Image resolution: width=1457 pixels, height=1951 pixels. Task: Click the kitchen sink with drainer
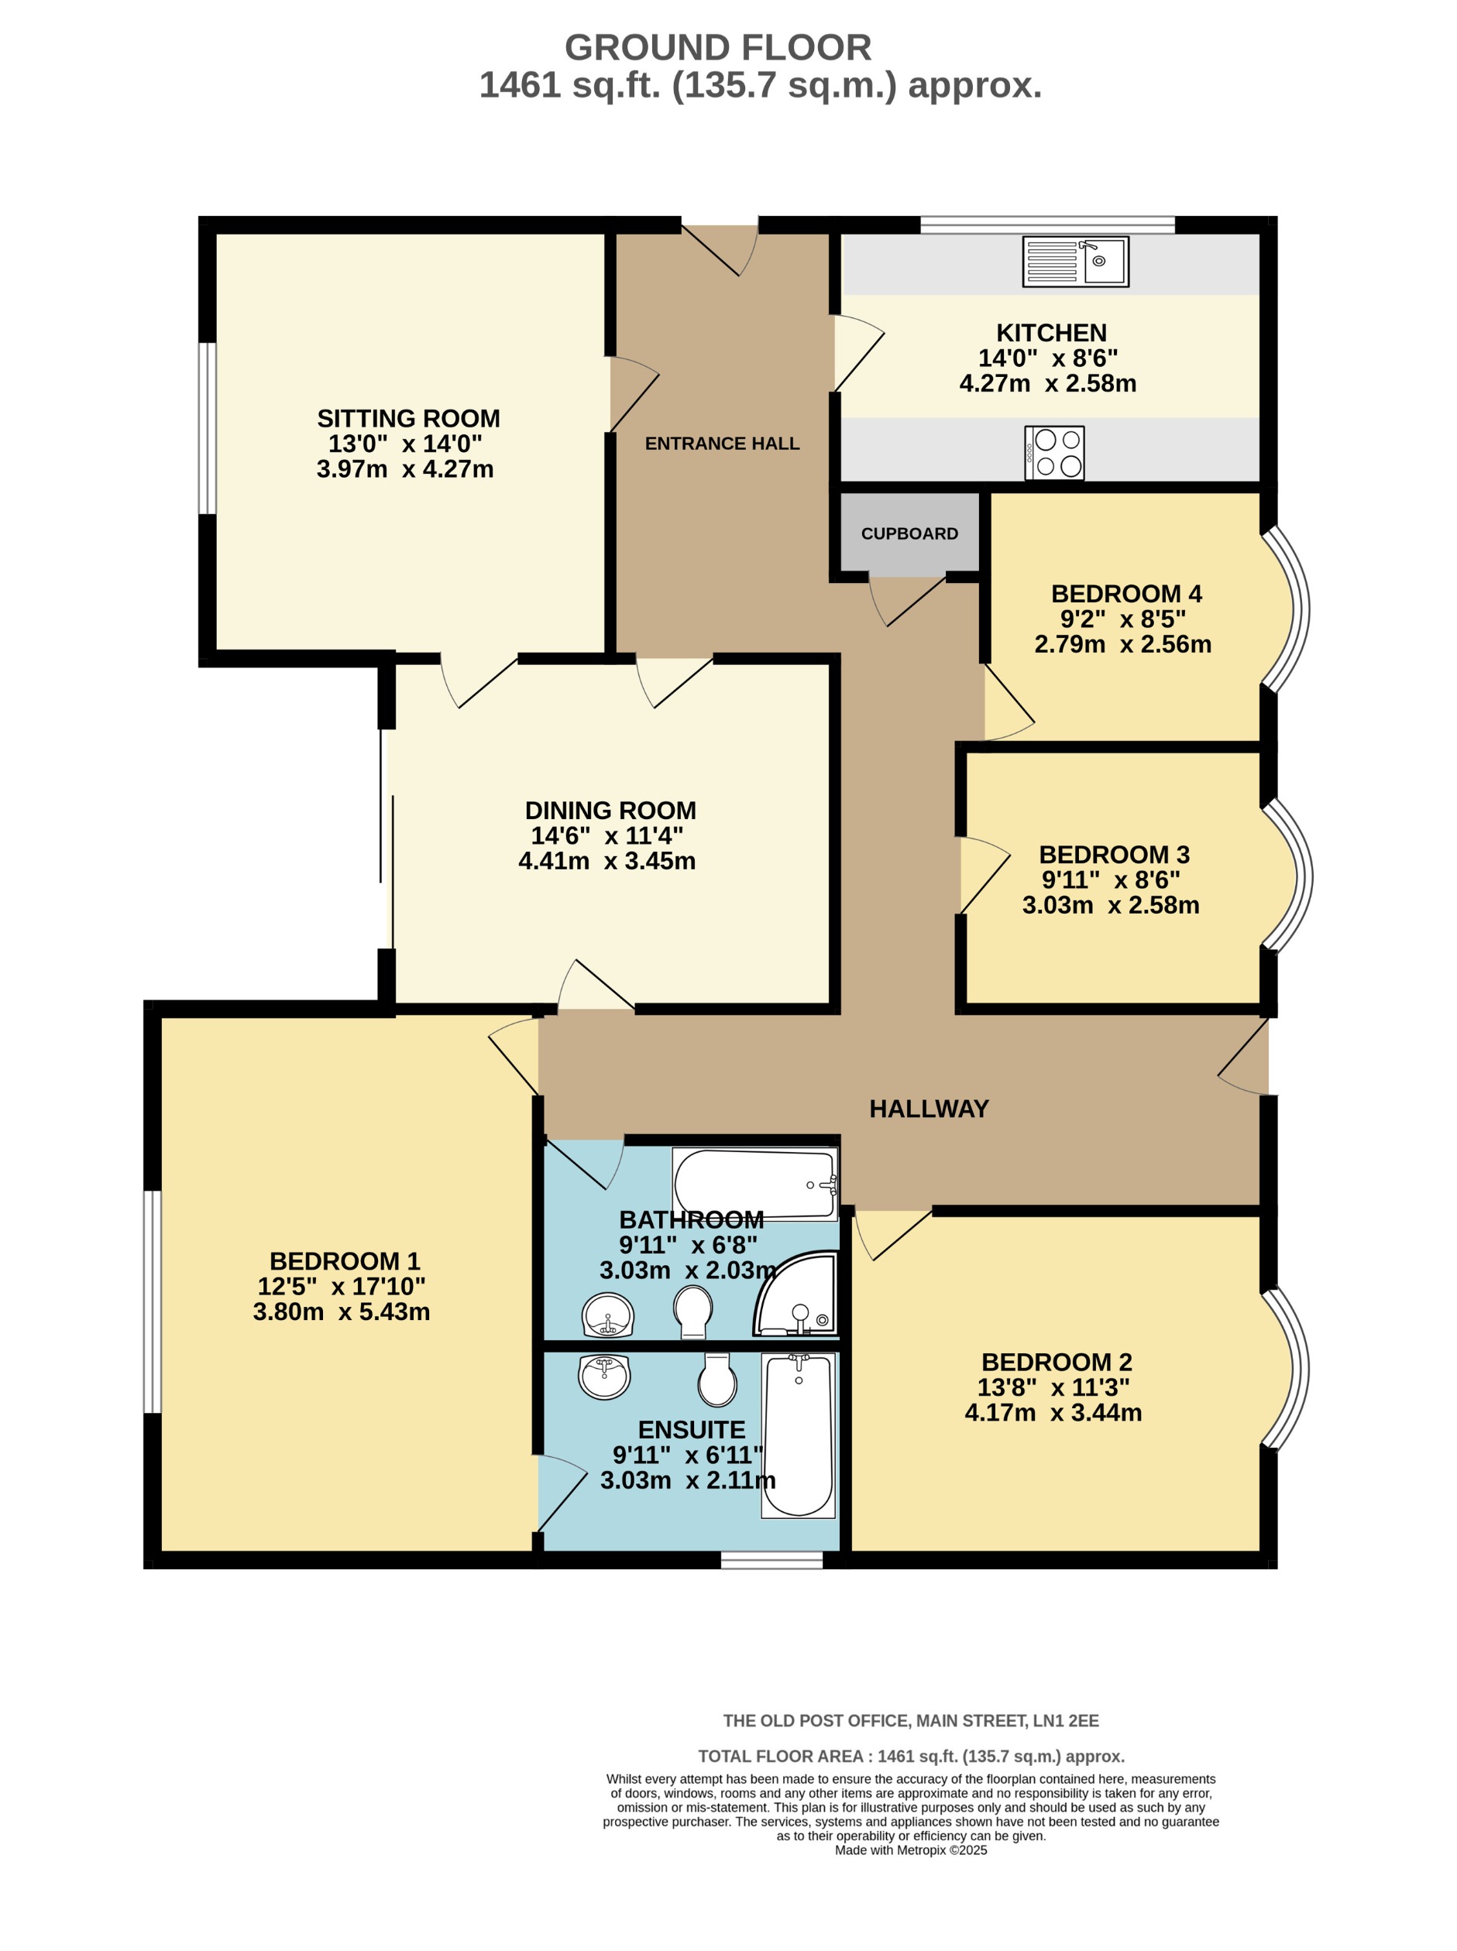click(x=1075, y=261)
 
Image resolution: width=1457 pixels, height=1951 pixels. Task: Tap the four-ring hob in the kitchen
click(x=1054, y=453)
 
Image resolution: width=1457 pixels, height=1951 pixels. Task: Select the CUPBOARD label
click(x=909, y=533)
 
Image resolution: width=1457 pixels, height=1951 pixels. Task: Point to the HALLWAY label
click(x=929, y=1109)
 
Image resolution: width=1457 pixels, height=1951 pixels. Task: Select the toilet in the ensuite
click(x=717, y=1380)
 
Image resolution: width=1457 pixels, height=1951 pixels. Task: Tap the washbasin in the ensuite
click(x=604, y=1377)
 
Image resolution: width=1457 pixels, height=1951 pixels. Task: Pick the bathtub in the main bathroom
click(x=756, y=1184)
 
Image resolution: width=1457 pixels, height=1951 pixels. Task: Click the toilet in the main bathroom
click(x=692, y=1311)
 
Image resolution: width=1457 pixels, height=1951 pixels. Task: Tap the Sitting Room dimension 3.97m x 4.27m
click(x=405, y=469)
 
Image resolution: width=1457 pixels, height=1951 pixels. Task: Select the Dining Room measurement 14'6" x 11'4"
click(x=607, y=835)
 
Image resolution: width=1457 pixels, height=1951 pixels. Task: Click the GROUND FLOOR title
click(x=718, y=47)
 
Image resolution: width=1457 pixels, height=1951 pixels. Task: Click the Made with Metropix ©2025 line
click(x=910, y=1850)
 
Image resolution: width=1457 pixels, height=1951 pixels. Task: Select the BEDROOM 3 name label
click(x=1114, y=854)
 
